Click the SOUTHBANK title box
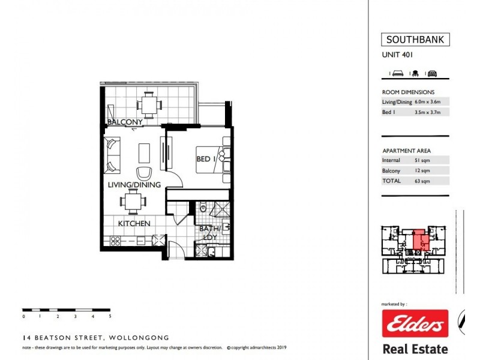[x=415, y=40]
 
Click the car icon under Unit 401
[x=431, y=73]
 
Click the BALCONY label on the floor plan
[x=125, y=122]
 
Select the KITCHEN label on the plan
[x=133, y=223]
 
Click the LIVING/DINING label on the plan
[x=134, y=185]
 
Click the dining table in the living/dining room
[x=131, y=202]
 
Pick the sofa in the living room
[x=112, y=155]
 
